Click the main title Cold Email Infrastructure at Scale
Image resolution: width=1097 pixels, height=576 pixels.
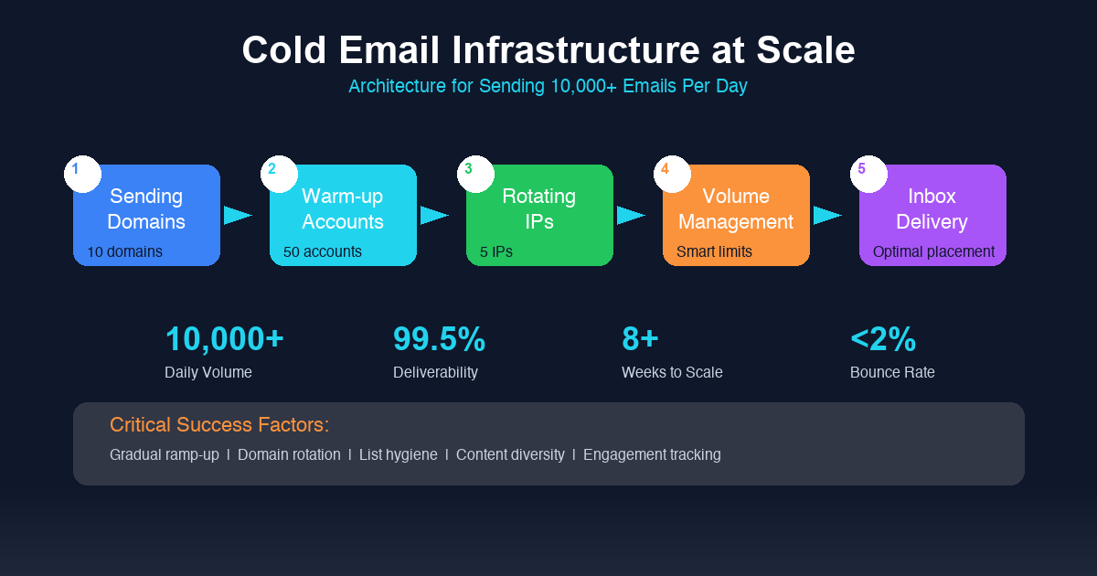[548, 50]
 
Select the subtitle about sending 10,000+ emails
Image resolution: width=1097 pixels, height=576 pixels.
[548, 87]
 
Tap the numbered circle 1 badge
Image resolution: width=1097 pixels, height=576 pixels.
[82, 174]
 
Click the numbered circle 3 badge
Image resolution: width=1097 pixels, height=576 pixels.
[475, 174]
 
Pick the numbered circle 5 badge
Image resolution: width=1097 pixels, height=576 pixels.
[868, 174]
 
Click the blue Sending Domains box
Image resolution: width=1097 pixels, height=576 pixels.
[146, 216]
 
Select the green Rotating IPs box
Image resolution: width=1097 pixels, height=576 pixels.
[539, 216]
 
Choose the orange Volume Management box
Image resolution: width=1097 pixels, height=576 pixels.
[736, 216]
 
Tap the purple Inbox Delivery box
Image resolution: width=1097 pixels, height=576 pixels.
[932, 216]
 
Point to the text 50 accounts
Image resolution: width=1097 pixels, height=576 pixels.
[323, 251]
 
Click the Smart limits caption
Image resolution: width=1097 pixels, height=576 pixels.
[714, 251]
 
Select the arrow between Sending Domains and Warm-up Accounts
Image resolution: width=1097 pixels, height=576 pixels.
[238, 215]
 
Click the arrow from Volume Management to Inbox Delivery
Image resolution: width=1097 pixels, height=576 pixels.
[826, 215]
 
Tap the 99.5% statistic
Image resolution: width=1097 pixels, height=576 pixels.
[439, 339]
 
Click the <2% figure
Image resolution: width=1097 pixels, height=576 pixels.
[883, 339]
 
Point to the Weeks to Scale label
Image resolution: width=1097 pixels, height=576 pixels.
[672, 372]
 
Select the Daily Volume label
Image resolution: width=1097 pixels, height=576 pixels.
[208, 372]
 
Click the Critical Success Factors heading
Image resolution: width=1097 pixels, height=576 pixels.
[219, 425]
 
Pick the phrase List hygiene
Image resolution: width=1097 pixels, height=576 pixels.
[398, 454]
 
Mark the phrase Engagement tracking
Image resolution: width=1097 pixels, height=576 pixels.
[652, 454]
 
